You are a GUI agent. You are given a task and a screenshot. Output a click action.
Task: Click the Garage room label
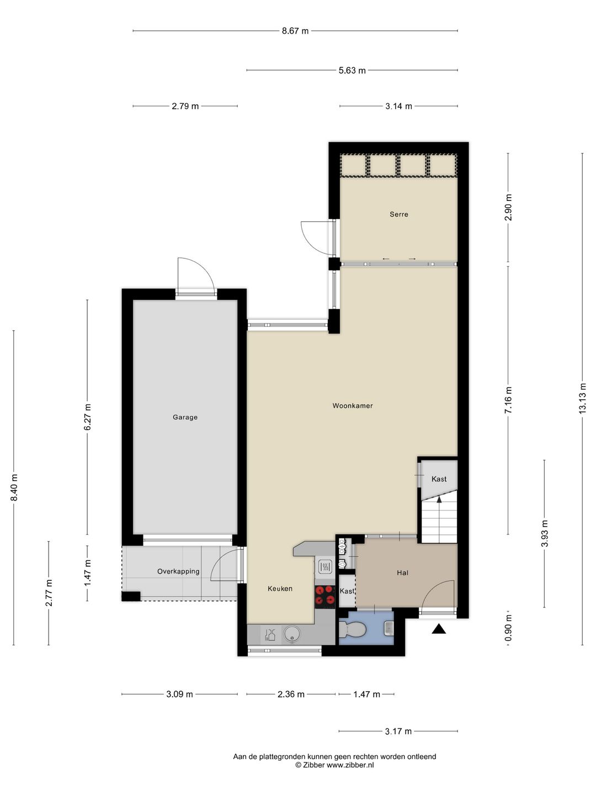click(185, 417)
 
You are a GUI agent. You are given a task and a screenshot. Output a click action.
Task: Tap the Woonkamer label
click(353, 406)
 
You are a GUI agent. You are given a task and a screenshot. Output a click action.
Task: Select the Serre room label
click(399, 214)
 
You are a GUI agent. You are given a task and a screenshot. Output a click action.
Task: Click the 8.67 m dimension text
click(295, 31)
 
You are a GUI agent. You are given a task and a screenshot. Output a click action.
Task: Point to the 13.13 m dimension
click(582, 398)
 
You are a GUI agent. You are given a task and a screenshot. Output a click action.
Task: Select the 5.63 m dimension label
click(352, 71)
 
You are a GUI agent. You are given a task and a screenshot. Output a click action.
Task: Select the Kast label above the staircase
click(439, 479)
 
